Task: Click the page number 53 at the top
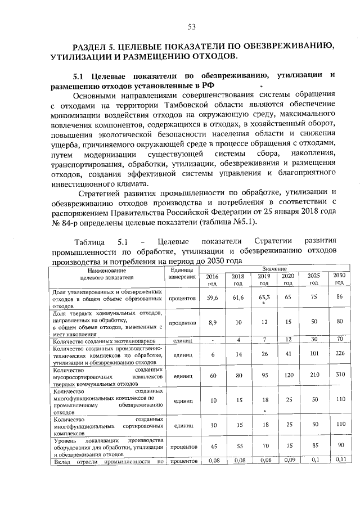pyautogui.click(x=191, y=26)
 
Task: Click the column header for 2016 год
pyautogui.click(x=212, y=280)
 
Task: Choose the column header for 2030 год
pyautogui.click(x=339, y=279)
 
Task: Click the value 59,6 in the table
pyautogui.click(x=212, y=297)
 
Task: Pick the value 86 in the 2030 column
pyautogui.click(x=339, y=296)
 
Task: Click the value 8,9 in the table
pyautogui.click(x=212, y=323)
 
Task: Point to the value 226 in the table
pyautogui.click(x=339, y=355)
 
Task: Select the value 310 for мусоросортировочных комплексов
pyautogui.click(x=339, y=375)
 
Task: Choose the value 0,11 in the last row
pyautogui.click(x=339, y=461)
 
